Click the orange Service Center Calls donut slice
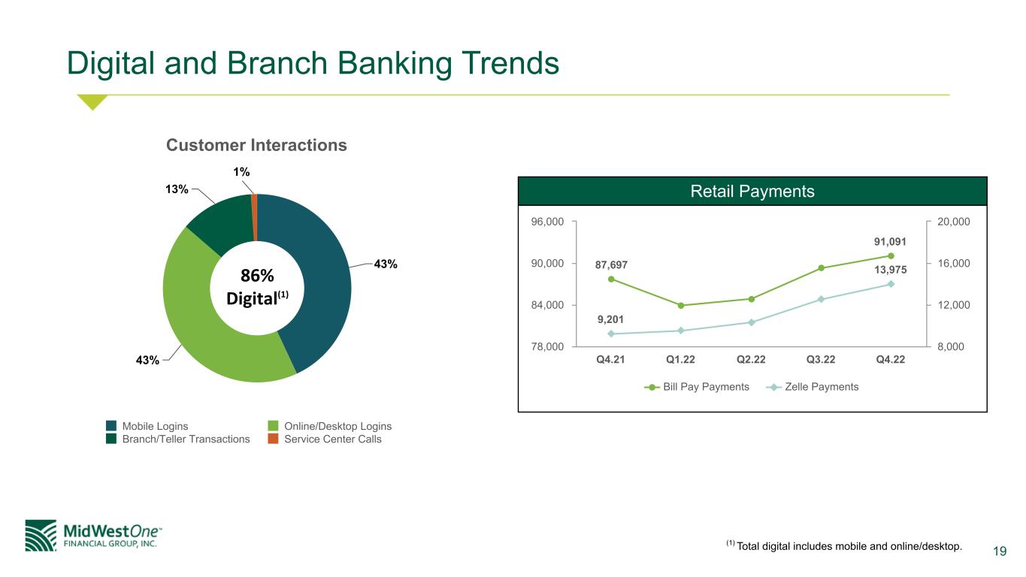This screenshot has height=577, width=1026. point(254,218)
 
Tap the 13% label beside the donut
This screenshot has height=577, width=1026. point(177,189)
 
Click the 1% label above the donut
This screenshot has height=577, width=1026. point(241,172)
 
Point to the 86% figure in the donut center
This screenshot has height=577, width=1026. point(257,276)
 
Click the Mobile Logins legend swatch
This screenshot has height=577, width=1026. point(110,426)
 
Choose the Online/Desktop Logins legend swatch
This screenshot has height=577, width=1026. point(273,426)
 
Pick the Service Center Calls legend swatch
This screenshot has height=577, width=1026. point(273,439)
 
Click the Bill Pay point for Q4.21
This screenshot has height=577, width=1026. point(611,279)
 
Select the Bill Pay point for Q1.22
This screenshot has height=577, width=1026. point(681,306)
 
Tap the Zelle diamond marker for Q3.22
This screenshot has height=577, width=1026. point(821,300)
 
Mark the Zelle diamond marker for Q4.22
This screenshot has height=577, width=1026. point(891,285)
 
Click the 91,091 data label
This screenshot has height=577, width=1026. point(890,242)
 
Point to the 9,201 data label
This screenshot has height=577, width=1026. point(610,319)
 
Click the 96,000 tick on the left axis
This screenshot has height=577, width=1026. point(547,222)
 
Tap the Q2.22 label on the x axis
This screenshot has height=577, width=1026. point(751,360)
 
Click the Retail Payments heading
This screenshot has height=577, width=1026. point(752,192)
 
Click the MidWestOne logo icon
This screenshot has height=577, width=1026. point(41,536)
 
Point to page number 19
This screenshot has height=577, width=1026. point(1000,551)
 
